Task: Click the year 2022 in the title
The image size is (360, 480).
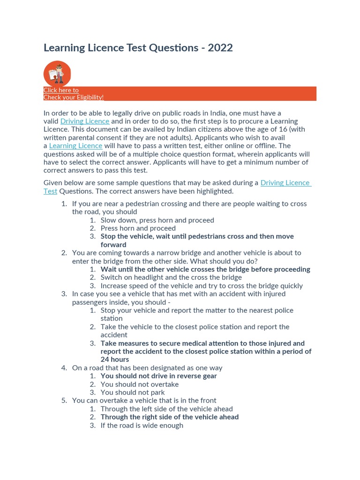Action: coord(220,48)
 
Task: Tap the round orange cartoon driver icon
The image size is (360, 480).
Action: coord(57,74)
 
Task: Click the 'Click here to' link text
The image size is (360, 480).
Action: coord(61,90)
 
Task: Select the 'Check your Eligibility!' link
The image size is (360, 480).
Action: coord(74,97)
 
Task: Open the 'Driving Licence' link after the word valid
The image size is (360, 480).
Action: coord(85,121)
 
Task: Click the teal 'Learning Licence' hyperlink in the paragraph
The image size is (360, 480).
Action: coord(75,145)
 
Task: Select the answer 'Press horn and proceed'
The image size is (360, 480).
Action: coord(138,228)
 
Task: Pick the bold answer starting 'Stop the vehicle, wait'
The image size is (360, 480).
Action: coord(197,236)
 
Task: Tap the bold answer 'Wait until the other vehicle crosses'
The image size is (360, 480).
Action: coord(205,269)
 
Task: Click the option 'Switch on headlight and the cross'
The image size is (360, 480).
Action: coord(171,277)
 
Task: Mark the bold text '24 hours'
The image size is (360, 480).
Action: coord(114,360)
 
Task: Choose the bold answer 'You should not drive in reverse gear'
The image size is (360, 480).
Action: coord(158,376)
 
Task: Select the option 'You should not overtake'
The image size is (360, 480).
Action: coord(139,384)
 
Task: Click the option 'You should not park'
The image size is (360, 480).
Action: coord(133,392)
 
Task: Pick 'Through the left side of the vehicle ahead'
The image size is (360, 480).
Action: coord(166,409)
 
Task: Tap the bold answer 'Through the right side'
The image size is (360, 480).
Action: coord(169,417)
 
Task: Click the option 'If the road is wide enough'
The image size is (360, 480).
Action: coord(142,425)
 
